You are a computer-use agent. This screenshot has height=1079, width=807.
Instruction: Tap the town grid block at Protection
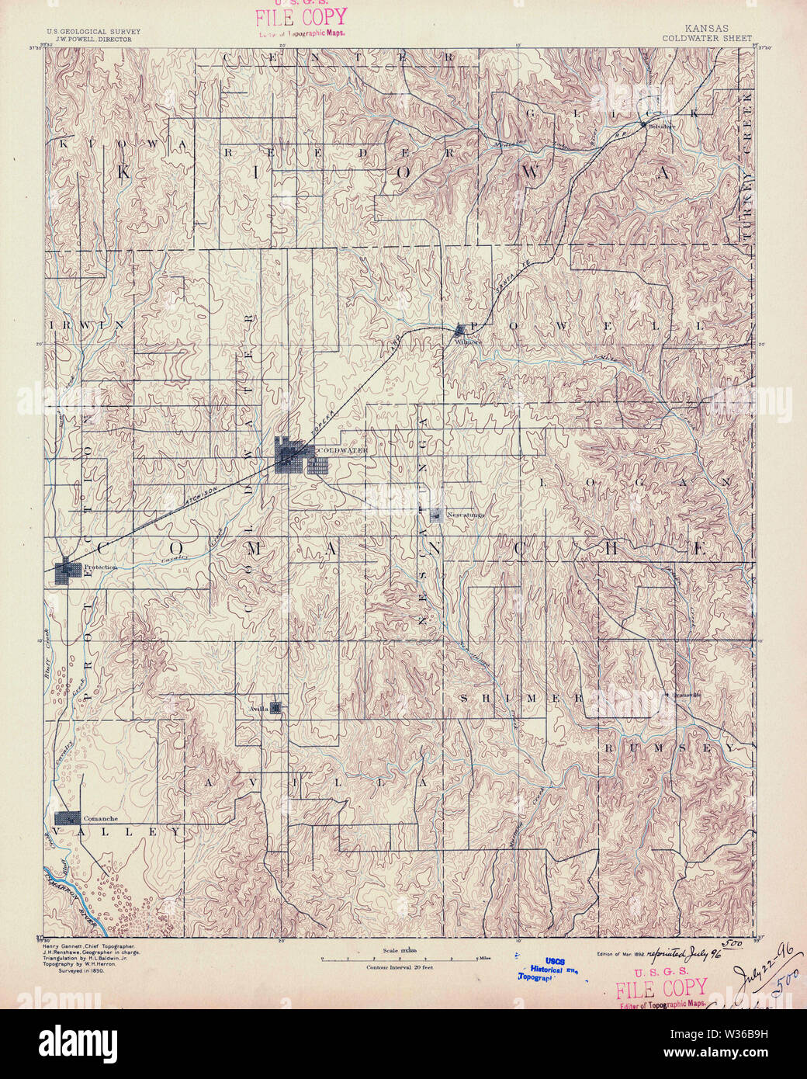(68, 569)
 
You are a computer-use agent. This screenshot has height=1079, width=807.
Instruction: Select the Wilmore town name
(469, 341)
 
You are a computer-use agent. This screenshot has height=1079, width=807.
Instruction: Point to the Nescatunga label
(465, 514)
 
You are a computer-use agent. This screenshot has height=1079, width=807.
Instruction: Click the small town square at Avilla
(275, 707)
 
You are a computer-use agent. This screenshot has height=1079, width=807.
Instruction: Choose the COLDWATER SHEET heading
(706, 37)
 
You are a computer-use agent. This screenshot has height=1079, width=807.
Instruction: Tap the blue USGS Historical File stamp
(554, 969)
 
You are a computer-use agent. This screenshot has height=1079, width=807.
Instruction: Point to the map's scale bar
(402, 959)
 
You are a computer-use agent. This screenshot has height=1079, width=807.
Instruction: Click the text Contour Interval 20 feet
(400, 967)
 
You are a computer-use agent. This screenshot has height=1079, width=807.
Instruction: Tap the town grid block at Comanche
(68, 817)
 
